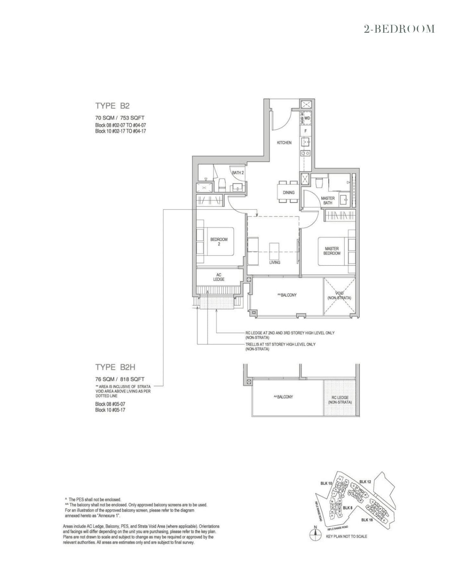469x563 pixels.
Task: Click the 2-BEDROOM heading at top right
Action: tap(399, 29)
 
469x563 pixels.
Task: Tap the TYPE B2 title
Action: tap(112, 105)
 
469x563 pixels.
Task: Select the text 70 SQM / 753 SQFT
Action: tap(120, 118)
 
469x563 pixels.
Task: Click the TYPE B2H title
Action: tap(115, 367)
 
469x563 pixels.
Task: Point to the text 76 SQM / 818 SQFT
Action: tap(120, 379)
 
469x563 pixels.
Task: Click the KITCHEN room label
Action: tap(284, 143)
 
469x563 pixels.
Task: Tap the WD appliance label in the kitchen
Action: tap(307, 118)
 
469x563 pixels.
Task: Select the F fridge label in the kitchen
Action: tap(306, 131)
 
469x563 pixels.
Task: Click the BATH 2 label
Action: tap(238, 173)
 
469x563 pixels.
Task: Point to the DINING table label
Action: tap(289, 192)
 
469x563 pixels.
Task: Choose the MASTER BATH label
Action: tap(328, 200)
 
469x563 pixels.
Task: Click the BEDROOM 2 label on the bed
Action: tap(219, 241)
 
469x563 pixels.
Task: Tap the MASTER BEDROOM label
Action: tap(332, 251)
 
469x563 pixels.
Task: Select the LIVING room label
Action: tap(275, 262)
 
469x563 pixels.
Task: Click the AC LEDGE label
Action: tap(219, 277)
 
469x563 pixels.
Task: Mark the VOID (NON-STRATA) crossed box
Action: tap(339, 296)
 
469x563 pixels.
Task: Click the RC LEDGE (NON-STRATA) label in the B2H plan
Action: tap(340, 400)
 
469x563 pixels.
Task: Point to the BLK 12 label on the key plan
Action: tap(365, 482)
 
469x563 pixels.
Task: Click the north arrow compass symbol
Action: tap(315, 536)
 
